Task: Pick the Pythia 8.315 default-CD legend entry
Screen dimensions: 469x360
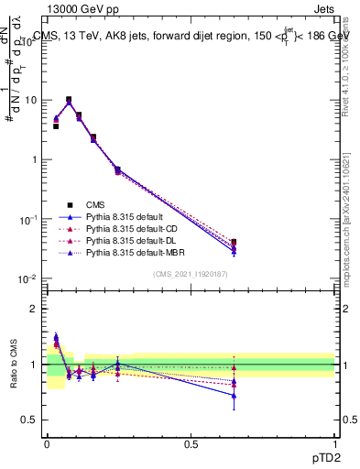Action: click(130, 228)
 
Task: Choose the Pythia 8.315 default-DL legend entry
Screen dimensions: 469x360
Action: click(130, 240)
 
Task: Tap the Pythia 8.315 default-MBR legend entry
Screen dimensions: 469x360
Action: click(133, 252)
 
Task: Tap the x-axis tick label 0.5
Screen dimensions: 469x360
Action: click(191, 443)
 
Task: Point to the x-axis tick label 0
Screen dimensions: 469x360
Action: click(47, 443)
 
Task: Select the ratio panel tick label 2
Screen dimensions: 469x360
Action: click(37, 309)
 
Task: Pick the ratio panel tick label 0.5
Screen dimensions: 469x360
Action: click(33, 420)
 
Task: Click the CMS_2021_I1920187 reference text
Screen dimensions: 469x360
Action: click(191, 273)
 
